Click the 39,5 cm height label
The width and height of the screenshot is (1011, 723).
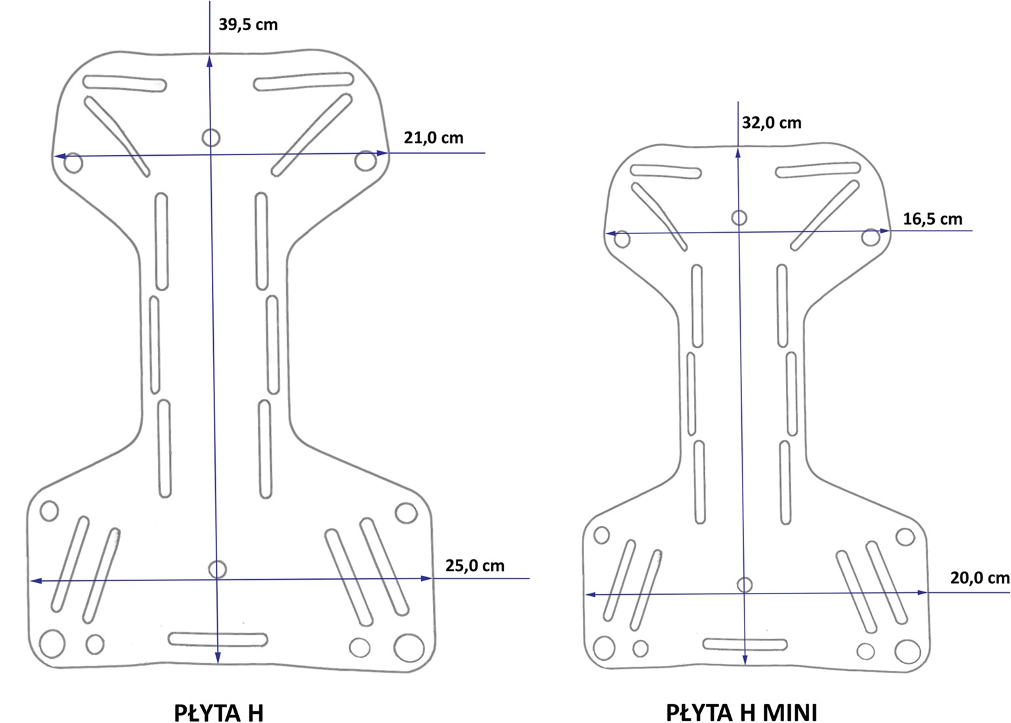click(x=248, y=24)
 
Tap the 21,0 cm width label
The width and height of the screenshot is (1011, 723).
click(x=433, y=137)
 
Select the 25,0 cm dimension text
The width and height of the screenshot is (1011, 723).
click(x=475, y=566)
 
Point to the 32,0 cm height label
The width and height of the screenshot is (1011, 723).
click(x=772, y=123)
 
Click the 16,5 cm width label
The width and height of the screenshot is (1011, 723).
click(x=933, y=219)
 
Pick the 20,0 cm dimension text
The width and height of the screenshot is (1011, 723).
click(x=980, y=578)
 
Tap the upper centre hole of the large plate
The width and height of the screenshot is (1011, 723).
click(x=210, y=137)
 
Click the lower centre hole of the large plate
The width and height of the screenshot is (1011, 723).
click(x=218, y=569)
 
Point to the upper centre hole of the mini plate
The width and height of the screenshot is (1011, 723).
click(x=739, y=218)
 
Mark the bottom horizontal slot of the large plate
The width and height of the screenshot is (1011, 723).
click(x=218, y=639)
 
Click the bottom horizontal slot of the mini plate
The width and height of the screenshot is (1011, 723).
click(x=745, y=645)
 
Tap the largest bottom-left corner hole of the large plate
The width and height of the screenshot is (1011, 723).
click(x=52, y=643)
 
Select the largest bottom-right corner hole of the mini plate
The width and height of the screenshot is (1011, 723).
click(x=907, y=651)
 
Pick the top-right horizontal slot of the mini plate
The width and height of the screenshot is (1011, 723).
click(x=818, y=170)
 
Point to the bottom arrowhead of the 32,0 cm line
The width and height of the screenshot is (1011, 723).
click(x=745, y=659)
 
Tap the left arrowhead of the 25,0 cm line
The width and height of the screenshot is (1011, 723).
click(x=36, y=581)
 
